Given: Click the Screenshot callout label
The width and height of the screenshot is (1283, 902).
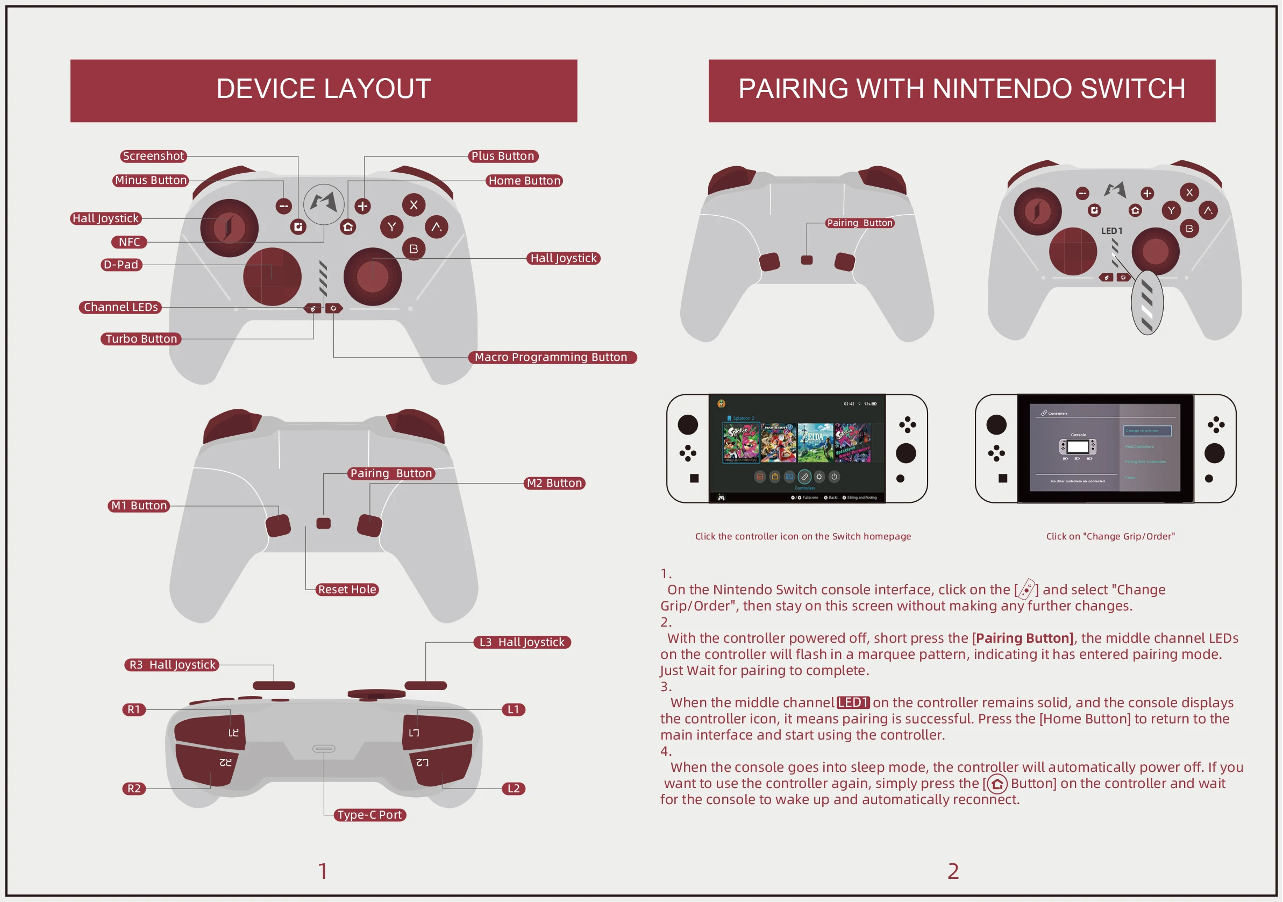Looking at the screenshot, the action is [153, 156].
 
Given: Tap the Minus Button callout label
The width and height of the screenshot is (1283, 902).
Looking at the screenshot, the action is [151, 181].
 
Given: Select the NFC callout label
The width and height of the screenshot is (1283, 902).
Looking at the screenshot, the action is [129, 242].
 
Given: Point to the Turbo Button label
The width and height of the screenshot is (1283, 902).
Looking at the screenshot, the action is [141, 339].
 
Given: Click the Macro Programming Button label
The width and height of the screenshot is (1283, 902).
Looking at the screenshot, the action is [551, 357].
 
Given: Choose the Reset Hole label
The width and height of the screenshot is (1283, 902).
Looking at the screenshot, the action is [347, 590].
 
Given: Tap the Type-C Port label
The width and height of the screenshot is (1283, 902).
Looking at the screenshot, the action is [369, 815].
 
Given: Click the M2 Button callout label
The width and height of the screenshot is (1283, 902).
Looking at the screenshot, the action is [554, 483].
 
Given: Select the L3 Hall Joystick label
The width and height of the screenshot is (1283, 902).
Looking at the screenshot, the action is [522, 642].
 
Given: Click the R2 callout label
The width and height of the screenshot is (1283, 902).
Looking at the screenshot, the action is [133, 789].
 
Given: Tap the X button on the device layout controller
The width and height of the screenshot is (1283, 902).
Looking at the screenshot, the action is [414, 205].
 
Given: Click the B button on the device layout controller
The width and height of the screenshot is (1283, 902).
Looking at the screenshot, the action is [414, 248].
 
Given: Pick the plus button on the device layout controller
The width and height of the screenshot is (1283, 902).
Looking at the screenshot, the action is [362, 206].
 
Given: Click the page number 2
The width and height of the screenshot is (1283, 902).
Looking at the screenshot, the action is [953, 871].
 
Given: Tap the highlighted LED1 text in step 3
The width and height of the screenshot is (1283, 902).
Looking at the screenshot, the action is [853, 702].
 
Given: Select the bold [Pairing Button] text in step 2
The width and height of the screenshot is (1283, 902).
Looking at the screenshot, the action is [1023, 638].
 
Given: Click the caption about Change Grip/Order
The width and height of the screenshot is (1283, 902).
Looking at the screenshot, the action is [1110, 536].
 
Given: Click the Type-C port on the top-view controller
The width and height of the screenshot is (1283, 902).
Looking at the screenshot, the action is [324, 748].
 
